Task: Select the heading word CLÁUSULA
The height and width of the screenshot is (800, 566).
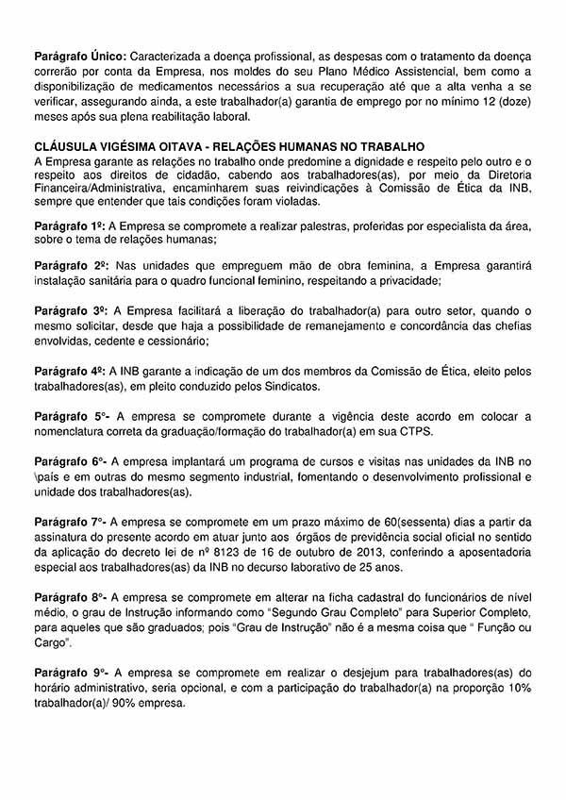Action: [x=67, y=147]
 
